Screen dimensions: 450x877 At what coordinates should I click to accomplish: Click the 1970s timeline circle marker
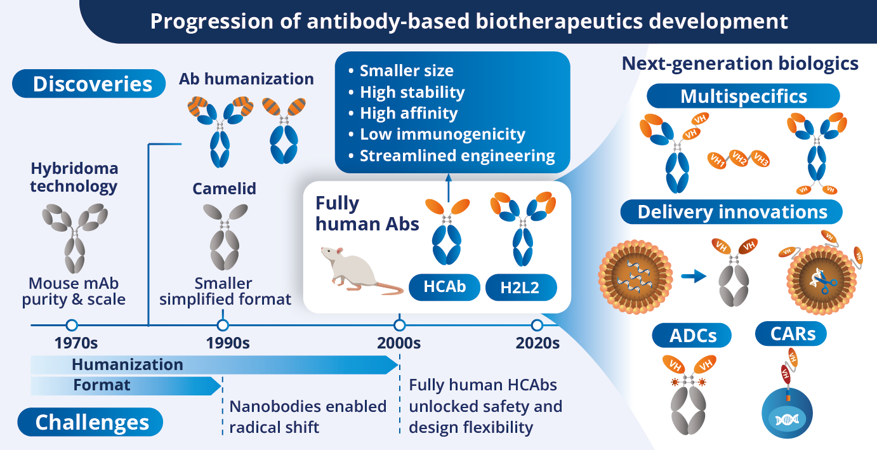click(72, 326)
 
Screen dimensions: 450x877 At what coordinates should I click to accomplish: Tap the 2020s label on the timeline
click(537, 343)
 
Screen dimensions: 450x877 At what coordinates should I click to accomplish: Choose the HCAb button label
click(444, 288)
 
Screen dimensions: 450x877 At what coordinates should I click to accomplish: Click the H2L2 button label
click(521, 288)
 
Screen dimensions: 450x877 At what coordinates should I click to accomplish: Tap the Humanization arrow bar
click(209, 365)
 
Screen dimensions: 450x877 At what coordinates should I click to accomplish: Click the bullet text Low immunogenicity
click(442, 135)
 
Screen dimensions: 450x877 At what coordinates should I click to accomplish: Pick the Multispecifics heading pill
click(743, 96)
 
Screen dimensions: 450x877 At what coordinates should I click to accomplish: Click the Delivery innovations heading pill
click(732, 212)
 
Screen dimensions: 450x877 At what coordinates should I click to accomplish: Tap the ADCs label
click(694, 334)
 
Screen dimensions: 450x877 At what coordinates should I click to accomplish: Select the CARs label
click(793, 333)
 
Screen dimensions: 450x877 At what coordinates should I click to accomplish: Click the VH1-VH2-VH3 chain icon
click(739, 159)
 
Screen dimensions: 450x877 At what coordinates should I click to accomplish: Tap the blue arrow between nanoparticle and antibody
click(694, 276)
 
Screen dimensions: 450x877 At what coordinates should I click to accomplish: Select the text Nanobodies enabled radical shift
click(308, 416)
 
